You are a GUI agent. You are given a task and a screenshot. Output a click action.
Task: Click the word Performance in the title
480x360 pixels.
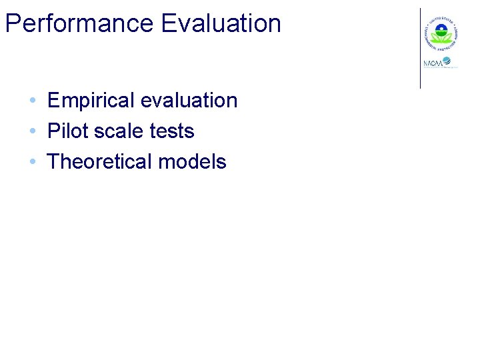[x=79, y=23]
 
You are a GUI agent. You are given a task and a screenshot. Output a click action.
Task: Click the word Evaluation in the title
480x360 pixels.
[x=221, y=23]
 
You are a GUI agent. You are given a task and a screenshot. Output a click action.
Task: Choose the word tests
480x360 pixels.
[x=172, y=131]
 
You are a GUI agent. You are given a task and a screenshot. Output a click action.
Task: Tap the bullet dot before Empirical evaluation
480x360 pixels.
[x=32, y=101]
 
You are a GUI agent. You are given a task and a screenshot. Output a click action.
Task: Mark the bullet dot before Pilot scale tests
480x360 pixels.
[x=32, y=131]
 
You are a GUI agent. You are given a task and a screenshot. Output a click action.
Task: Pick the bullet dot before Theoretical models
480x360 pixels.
[x=32, y=162]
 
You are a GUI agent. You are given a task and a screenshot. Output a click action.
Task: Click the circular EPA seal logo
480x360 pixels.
[x=440, y=31]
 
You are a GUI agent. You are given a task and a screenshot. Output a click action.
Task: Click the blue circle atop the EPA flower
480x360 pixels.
[x=440, y=29]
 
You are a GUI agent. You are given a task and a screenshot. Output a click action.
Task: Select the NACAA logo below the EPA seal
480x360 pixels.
[x=441, y=63]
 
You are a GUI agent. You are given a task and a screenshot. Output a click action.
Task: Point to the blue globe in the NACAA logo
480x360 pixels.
[x=447, y=61]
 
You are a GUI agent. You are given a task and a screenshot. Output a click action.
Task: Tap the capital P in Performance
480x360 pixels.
[x=11, y=23]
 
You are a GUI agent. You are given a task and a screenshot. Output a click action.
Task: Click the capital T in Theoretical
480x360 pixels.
[x=53, y=161]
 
